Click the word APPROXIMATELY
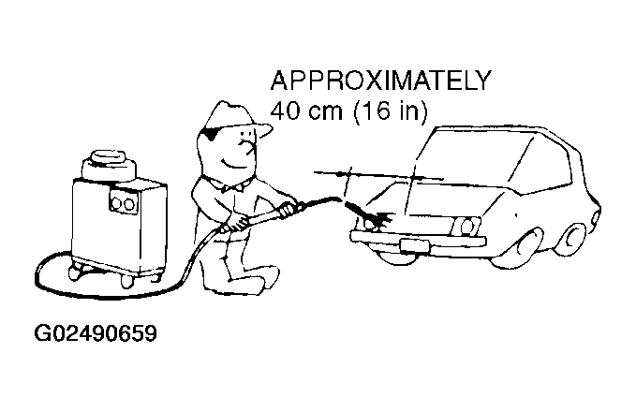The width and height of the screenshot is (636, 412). coord(380,81)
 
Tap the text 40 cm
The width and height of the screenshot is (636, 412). coord(306,110)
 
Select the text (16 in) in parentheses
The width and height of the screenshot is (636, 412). coord(391,110)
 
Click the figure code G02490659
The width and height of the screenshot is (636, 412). coord(96,333)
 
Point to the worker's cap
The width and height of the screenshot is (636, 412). coord(235,118)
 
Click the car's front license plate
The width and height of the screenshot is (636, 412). coord(414,245)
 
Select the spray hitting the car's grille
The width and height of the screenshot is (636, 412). coord(372,216)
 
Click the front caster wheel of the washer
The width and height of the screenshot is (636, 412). coord(126,281)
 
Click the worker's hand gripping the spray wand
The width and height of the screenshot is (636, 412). coord(288,209)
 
